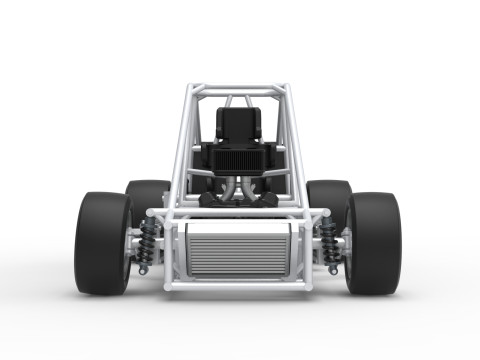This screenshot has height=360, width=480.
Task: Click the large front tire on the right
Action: pyautogui.click(x=374, y=243)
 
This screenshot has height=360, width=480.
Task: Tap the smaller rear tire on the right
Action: pyautogui.click(x=329, y=195)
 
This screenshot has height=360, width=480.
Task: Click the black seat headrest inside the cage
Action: pyautogui.click(x=239, y=123)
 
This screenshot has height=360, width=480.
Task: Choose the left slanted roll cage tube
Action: pyautogui.click(x=181, y=140)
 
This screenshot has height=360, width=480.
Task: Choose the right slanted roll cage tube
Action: pyautogui.click(x=297, y=140)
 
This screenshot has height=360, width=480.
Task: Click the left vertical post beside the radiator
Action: pyautogui.click(x=170, y=250)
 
